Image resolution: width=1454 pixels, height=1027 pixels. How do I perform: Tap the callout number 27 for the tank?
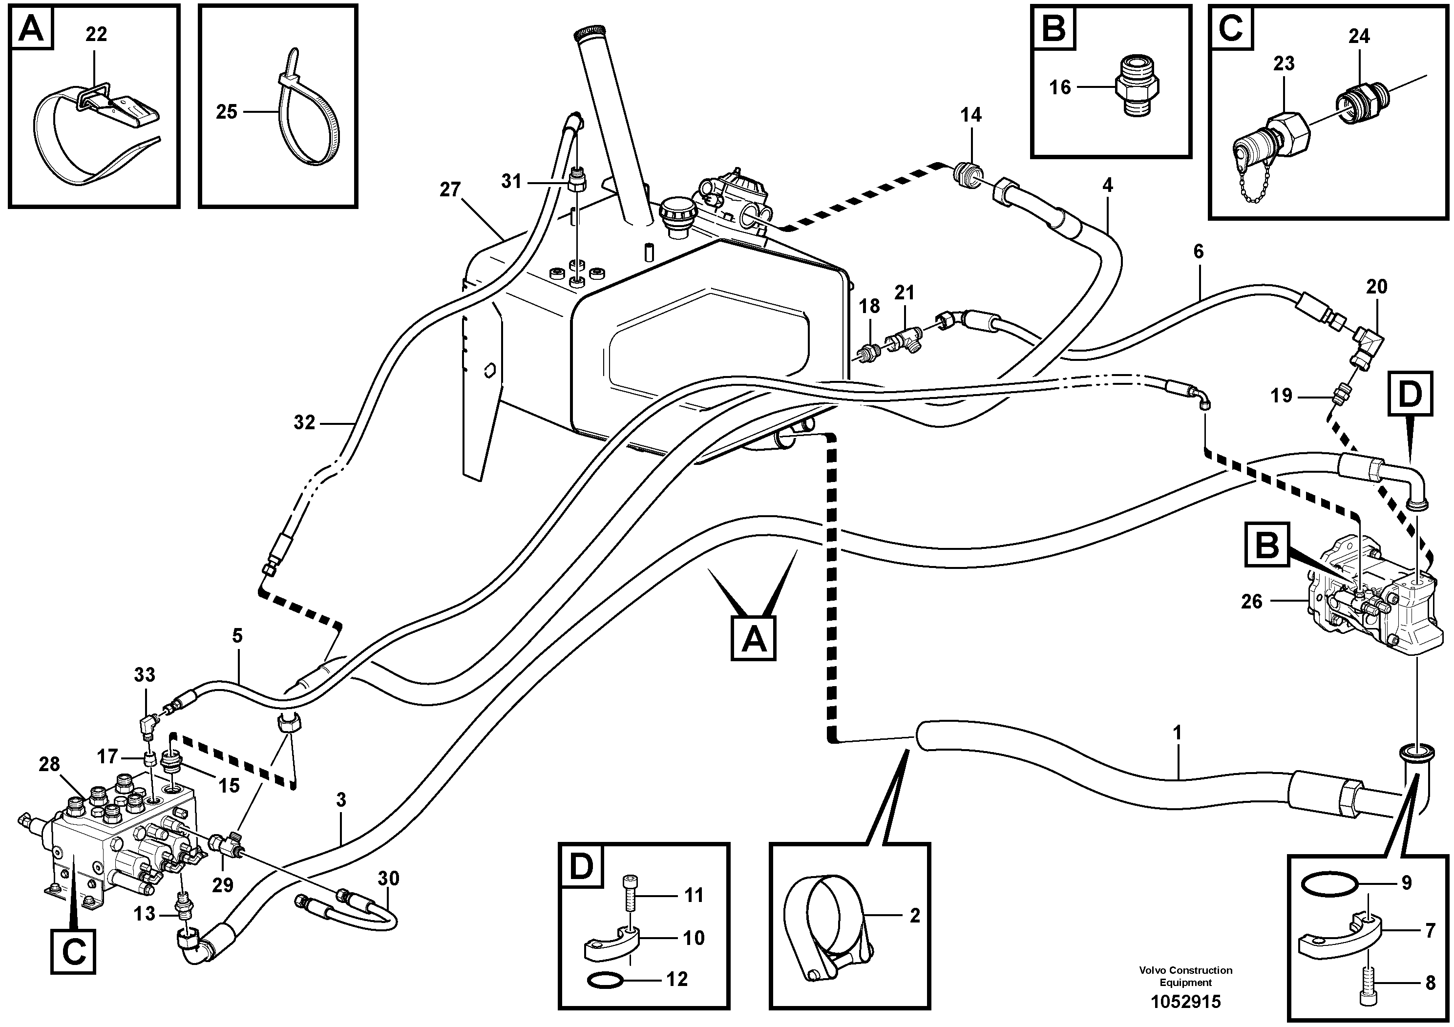[450, 189]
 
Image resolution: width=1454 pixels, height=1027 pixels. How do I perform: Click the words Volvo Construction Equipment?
[1185, 976]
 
